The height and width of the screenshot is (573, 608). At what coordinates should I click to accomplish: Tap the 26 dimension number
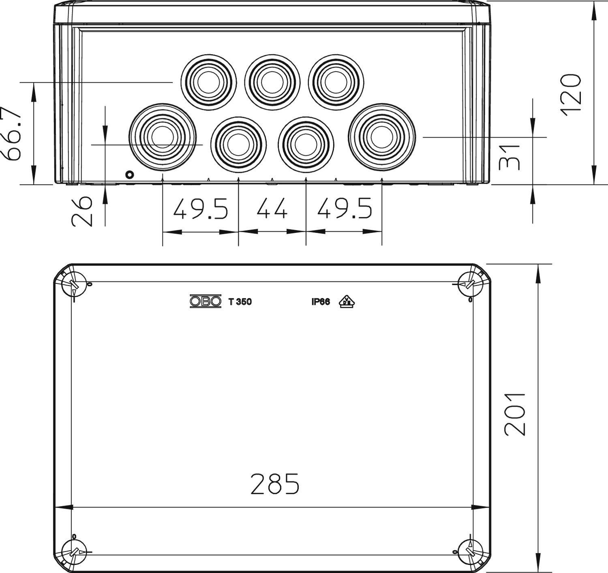(82, 211)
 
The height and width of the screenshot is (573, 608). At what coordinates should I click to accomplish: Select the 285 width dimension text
(275, 484)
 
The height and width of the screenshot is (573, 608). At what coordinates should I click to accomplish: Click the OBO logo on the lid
(206, 301)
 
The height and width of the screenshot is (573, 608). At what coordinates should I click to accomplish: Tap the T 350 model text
(240, 302)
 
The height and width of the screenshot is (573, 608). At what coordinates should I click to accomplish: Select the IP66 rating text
(321, 302)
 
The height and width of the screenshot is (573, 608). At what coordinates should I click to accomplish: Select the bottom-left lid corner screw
(73, 552)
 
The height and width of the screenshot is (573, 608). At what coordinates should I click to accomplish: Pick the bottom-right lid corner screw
(470, 552)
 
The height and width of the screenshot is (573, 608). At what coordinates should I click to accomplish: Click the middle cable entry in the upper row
(272, 82)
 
